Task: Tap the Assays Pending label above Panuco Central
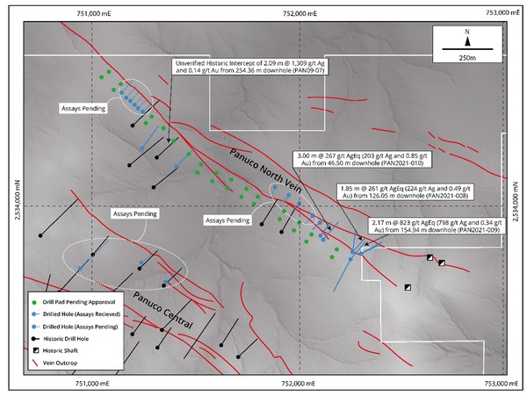[135, 213]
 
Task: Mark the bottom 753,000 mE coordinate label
[502, 384]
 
